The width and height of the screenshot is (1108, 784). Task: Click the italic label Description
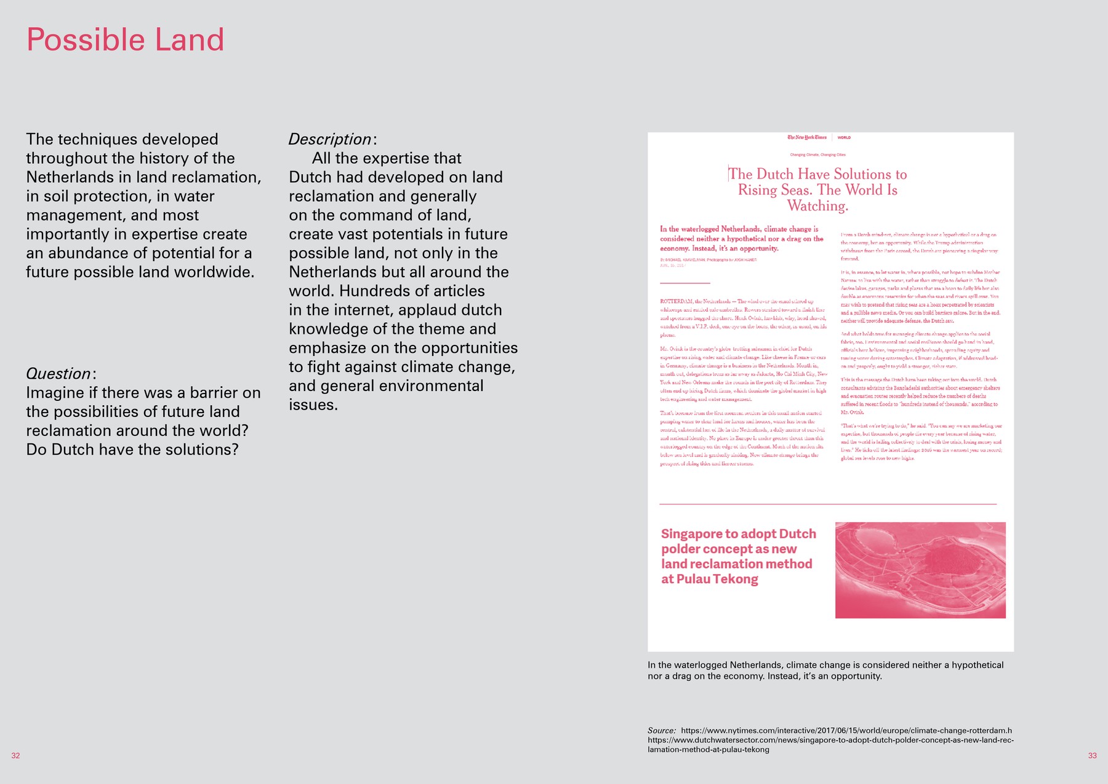(x=330, y=139)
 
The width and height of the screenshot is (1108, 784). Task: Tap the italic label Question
(x=58, y=374)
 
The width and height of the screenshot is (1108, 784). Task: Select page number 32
(x=16, y=756)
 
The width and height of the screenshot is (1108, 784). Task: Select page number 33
(x=1092, y=756)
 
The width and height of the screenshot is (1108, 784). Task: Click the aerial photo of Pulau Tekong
(x=920, y=570)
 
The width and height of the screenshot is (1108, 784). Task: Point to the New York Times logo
(x=807, y=137)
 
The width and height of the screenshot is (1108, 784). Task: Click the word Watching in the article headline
(x=817, y=206)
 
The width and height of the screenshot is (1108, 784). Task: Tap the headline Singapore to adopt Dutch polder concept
(x=738, y=556)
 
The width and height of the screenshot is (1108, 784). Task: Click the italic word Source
(x=661, y=731)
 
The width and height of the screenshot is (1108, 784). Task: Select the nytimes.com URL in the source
(x=846, y=731)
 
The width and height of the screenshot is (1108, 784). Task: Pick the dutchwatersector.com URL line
(x=830, y=740)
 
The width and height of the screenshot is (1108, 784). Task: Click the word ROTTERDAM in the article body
(x=676, y=301)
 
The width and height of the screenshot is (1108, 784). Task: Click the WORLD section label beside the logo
(x=844, y=137)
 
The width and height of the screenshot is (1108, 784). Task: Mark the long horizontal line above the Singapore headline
(x=827, y=504)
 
